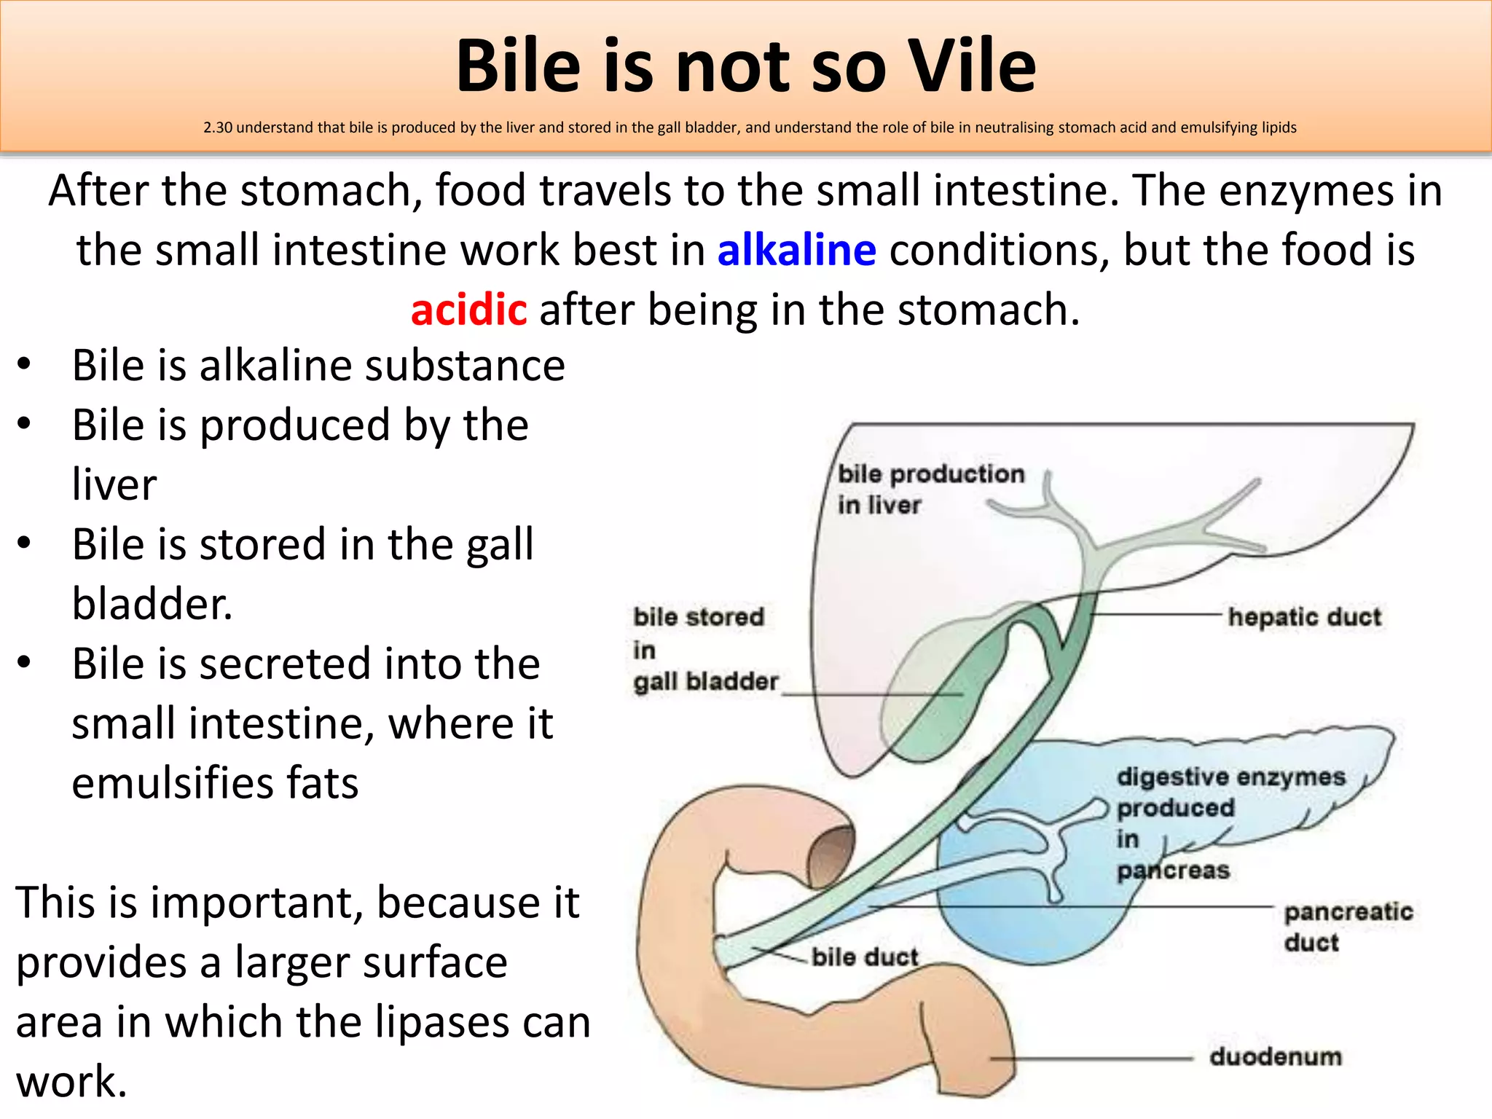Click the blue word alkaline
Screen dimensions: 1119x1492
[x=796, y=250]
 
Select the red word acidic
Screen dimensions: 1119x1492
[x=468, y=310]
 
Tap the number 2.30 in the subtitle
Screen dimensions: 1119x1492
[x=217, y=127]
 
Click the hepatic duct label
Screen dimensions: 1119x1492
[x=1304, y=617]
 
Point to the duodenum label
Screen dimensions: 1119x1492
[x=1275, y=1056]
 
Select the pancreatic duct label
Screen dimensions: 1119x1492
[x=1348, y=927]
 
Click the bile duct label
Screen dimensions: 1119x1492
[x=865, y=957]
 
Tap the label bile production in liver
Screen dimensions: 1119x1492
[x=930, y=489]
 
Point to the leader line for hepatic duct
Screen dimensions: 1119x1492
[x=1158, y=615]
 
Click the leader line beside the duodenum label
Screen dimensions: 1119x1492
[x=1093, y=1058]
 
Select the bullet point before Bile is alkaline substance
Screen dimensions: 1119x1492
[x=24, y=364]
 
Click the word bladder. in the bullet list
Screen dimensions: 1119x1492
[x=152, y=604]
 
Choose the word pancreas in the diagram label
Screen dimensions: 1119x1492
[x=1173, y=870]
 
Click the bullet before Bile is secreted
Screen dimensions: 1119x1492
[x=24, y=662]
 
